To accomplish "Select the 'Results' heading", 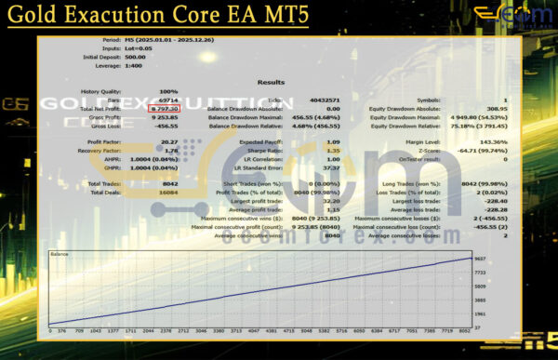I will [x=271, y=82].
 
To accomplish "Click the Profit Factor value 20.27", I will [x=168, y=142].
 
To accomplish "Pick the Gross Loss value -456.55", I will [x=166, y=126].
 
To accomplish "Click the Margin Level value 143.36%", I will [x=494, y=142].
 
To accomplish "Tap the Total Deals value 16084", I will [x=166, y=193].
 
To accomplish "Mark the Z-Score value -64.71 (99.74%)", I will [x=483, y=151].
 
